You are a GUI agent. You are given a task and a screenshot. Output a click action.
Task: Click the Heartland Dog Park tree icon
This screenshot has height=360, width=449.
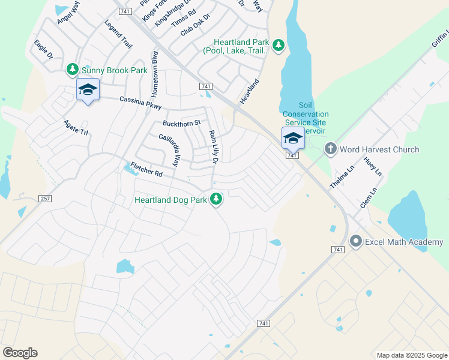coord(216,199)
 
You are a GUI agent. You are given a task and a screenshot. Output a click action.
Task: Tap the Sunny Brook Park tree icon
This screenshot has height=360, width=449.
coord(73,70)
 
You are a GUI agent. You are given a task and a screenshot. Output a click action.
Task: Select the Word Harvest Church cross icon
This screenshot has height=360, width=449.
coord(330,149)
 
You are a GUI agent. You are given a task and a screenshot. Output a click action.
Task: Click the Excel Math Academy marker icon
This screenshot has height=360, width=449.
coord(356,242)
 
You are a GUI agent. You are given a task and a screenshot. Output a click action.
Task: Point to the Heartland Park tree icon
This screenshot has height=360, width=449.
coord(278,46)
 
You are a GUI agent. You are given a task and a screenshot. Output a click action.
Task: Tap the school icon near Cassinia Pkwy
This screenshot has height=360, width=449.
coord(88,90)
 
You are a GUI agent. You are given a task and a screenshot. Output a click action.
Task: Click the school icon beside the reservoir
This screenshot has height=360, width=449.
coord(293,138)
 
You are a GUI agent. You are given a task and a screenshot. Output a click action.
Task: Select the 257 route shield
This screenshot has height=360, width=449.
coord(44,198)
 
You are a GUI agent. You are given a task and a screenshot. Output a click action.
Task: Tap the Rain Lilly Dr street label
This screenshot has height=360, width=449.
coord(212,146)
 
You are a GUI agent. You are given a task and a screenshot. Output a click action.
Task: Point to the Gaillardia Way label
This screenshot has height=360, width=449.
coord(169,151)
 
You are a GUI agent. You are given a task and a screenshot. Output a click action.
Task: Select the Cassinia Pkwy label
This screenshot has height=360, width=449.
coord(140,103)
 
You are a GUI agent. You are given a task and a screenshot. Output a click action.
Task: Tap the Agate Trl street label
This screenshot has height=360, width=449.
coord(76,127)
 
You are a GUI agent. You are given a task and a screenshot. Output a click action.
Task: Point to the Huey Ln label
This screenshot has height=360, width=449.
coord(372,166)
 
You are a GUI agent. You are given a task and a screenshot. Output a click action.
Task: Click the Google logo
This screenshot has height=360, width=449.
coord(20,353)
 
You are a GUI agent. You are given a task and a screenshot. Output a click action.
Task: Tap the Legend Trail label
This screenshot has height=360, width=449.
coord(118,34)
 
